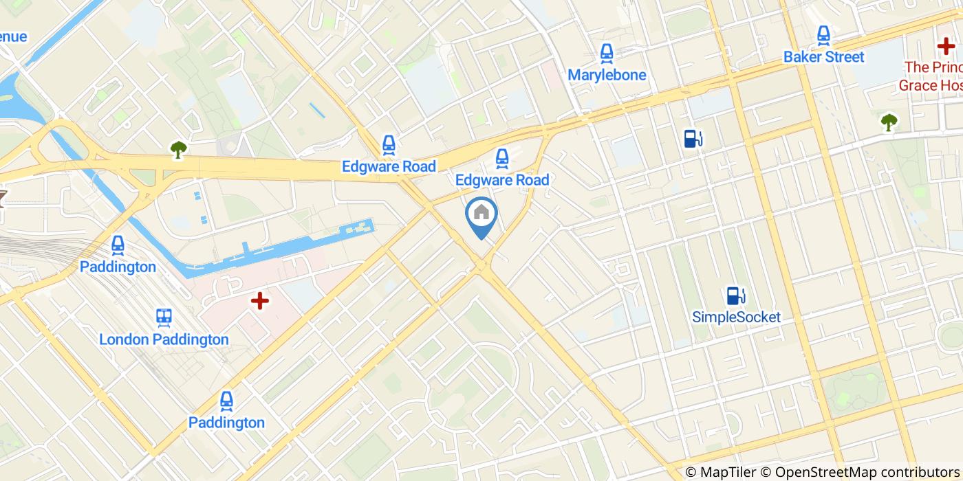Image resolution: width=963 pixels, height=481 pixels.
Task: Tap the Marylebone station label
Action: tap(607, 75)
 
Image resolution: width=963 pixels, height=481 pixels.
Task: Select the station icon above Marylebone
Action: tap(606, 54)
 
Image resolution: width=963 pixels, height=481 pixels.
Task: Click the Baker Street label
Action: tap(823, 57)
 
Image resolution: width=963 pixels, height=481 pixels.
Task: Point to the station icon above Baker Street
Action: tap(823, 35)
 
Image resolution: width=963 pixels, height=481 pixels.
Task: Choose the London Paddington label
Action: tap(164, 339)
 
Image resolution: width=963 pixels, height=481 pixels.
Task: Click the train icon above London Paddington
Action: tap(164, 317)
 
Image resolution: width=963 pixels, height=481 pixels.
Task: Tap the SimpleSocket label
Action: tap(736, 317)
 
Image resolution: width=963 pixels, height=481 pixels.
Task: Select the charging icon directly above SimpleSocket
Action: tap(735, 295)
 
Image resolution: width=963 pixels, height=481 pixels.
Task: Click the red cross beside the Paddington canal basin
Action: tap(259, 301)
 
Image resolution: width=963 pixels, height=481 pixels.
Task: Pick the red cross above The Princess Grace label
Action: tap(946, 47)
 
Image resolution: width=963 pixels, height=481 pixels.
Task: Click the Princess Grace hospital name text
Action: tap(930, 76)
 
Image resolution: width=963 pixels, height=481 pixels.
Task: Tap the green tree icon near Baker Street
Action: tap(889, 122)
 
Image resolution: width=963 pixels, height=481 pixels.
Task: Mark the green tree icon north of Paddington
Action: tap(178, 149)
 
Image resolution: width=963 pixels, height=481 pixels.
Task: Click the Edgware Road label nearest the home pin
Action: tap(502, 180)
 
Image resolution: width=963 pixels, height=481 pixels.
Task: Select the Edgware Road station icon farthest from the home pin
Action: tap(389, 145)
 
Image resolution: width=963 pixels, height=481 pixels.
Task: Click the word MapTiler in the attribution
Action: tap(725, 472)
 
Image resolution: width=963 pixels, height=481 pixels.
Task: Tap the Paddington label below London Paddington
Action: tap(226, 423)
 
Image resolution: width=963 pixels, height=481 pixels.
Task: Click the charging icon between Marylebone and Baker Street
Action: tap(692, 139)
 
